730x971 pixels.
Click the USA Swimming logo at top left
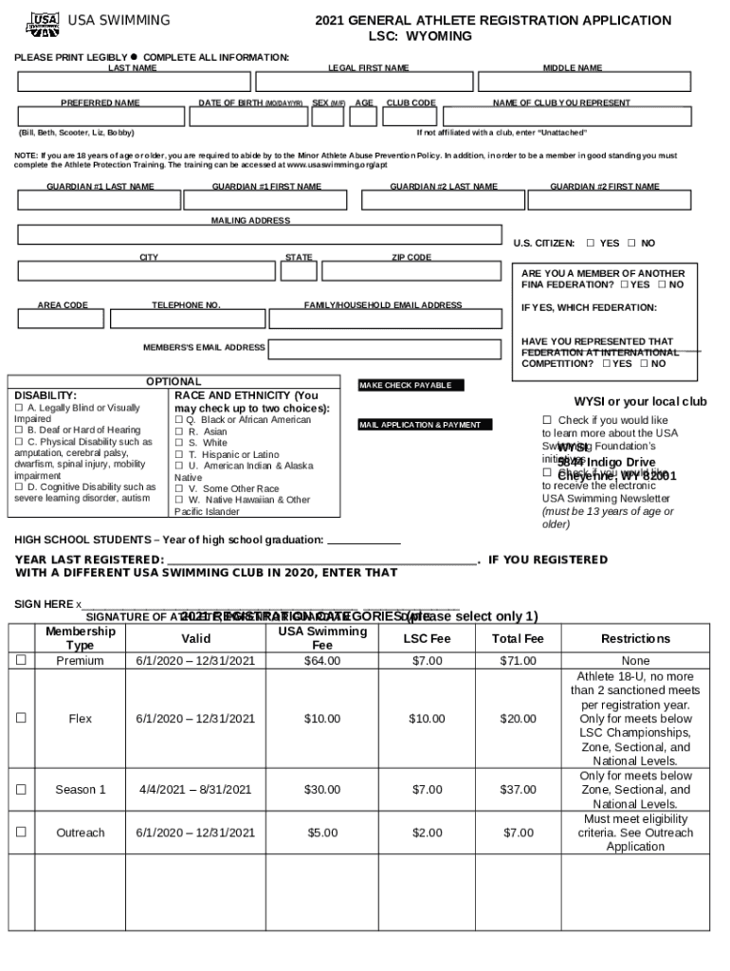point(39,23)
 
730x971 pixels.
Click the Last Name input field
point(132,82)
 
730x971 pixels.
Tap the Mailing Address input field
point(259,235)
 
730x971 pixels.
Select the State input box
point(299,271)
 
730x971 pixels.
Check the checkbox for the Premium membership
point(21,661)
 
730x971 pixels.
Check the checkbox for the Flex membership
point(21,719)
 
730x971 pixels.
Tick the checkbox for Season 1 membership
point(21,789)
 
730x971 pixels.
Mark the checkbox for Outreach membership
point(21,833)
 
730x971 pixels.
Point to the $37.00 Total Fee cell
point(519,789)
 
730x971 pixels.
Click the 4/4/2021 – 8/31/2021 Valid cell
point(195,789)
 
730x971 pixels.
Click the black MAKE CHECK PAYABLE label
point(411,386)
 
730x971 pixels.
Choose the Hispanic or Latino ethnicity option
point(179,455)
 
